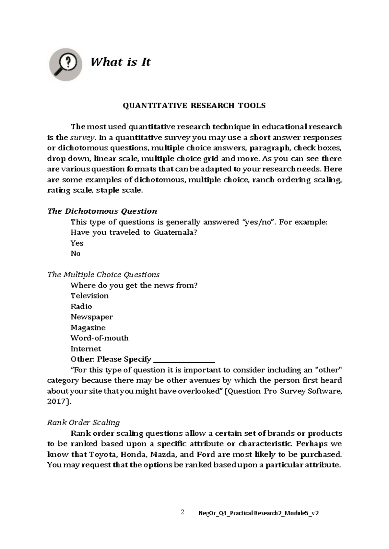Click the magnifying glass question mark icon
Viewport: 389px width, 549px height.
coord(65,64)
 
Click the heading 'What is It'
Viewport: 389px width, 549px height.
coord(120,62)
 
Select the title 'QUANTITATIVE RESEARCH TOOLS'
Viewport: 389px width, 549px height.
coord(194,106)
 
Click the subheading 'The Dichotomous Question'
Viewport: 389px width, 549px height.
coord(102,211)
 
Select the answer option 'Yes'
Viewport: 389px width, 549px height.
coord(77,243)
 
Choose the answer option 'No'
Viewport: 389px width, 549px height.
coord(75,253)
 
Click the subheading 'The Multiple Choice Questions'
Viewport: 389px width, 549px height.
coord(103,275)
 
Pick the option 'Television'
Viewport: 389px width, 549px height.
coord(89,296)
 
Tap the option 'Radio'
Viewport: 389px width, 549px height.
coord(81,307)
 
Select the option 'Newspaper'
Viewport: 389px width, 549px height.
coord(92,317)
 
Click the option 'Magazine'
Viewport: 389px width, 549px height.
coord(88,328)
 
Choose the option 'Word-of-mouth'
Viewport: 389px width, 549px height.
coord(99,338)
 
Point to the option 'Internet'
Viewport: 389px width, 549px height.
coord(86,349)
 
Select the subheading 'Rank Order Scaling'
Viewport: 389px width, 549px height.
coord(83,423)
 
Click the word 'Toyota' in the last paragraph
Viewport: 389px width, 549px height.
coord(103,454)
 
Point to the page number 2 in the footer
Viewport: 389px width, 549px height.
coord(183,512)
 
